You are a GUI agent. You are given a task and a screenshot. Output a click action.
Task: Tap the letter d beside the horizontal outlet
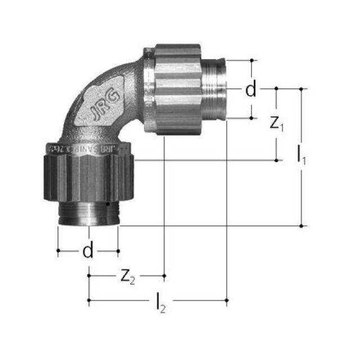[250, 89]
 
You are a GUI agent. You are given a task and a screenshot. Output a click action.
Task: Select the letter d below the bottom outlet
[88, 251]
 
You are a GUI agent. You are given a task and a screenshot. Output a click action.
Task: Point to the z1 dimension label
[277, 124]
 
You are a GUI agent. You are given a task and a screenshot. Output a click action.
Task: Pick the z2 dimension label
[128, 276]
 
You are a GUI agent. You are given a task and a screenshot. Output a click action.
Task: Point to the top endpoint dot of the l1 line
[302, 88]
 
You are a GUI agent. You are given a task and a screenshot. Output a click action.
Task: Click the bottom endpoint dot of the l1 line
[302, 226]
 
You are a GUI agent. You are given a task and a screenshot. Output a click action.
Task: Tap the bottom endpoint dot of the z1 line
[277, 160]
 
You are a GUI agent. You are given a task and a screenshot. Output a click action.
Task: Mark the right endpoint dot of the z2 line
[164, 276]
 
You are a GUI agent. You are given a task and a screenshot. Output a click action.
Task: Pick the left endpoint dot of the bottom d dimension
[58, 251]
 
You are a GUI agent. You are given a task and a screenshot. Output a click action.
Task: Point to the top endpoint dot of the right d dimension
[252, 60]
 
